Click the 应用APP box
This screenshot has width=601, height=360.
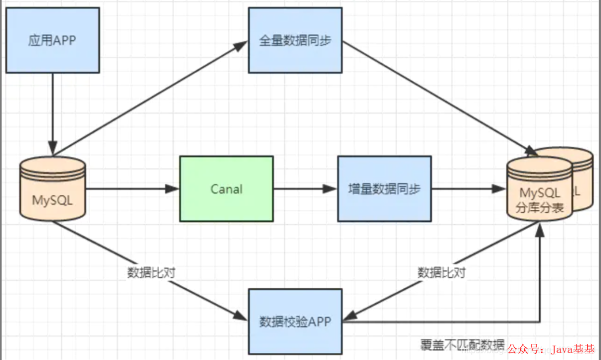(52, 40)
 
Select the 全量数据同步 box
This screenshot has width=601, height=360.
(295, 40)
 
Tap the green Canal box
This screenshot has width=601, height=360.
(226, 189)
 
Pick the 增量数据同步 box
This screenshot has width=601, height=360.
(385, 189)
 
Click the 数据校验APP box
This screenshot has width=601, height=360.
(295, 321)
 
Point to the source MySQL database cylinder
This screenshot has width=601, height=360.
(52, 189)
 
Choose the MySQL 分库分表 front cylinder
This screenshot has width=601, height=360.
(539, 192)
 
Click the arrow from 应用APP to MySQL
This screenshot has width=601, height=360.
(52, 114)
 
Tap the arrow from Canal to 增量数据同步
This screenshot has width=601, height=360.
(305, 189)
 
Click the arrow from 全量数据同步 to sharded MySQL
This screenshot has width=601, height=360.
(440, 98)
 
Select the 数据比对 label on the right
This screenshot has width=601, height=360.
(441, 273)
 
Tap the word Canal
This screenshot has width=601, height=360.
(226, 189)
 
